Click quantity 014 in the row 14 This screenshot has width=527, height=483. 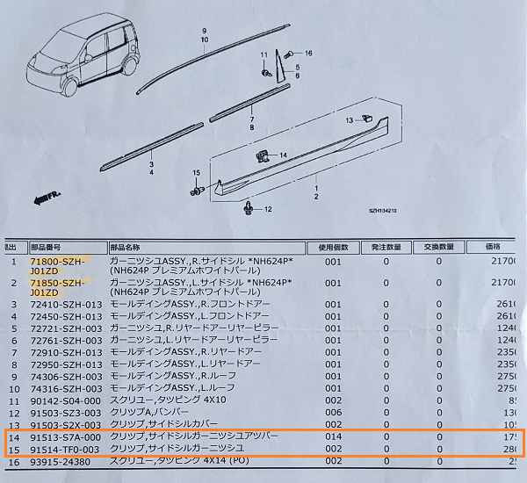tap(333, 436)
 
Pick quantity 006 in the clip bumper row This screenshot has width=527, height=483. tap(333, 409)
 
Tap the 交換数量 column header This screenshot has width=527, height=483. tap(439, 247)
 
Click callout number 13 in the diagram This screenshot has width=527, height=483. tap(350, 119)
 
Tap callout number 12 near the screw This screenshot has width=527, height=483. tap(269, 209)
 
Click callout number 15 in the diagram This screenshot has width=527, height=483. tap(197, 172)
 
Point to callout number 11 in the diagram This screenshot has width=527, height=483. tap(263, 56)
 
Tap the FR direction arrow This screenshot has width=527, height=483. tap(41, 198)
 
